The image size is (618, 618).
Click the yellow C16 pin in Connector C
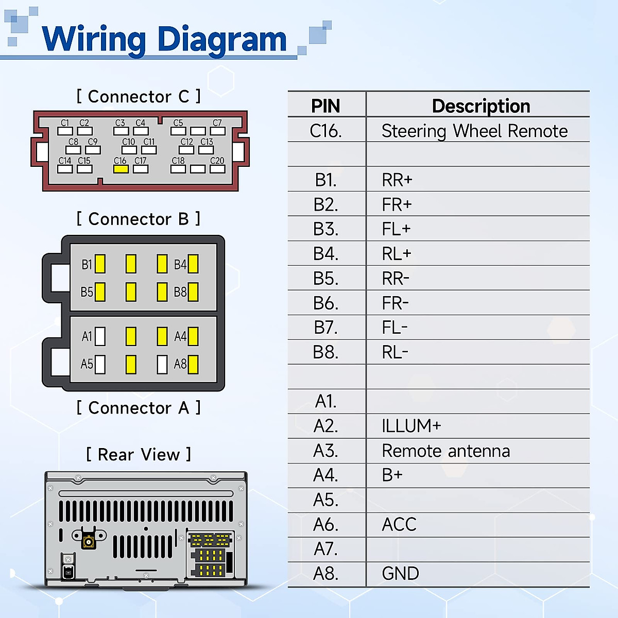(121, 169)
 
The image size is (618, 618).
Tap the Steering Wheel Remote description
(474, 131)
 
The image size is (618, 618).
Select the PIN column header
(325, 106)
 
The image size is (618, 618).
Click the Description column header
(481, 106)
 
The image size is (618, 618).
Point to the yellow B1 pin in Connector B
(100, 264)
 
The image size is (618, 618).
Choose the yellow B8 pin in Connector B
(193, 292)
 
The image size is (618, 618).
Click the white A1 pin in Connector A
(100, 337)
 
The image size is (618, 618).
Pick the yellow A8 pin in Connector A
(193, 365)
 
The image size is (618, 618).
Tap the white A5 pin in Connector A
(100, 365)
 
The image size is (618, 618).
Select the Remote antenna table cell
(445, 451)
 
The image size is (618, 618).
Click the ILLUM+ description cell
(411, 426)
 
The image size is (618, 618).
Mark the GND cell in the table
(400, 574)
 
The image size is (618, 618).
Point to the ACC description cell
(399, 525)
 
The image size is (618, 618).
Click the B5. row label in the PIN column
(325, 279)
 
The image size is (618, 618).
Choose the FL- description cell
(394, 328)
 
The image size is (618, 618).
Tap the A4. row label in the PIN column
(325, 475)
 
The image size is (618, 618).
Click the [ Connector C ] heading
(139, 96)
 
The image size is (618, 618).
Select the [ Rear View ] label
(139, 455)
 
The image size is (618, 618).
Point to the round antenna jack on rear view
(89, 542)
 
